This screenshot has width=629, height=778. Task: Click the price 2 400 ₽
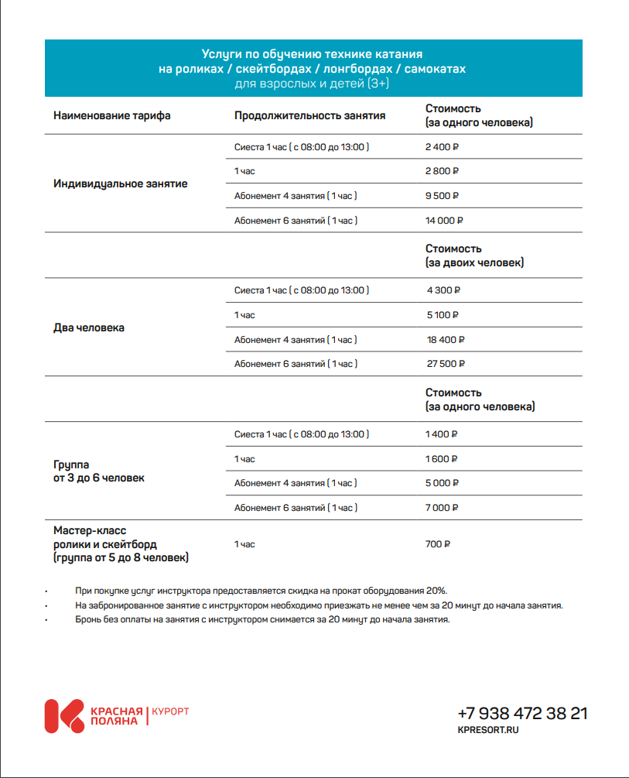[x=442, y=147]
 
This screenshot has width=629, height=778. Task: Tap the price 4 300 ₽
[x=443, y=290]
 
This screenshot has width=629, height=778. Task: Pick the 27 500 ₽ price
[x=445, y=364]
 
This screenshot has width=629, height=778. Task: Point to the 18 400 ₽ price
[x=445, y=340]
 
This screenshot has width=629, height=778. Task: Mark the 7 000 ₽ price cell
[x=443, y=508]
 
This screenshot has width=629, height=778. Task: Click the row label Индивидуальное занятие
[x=121, y=184]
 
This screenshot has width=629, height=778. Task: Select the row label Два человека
[x=89, y=327]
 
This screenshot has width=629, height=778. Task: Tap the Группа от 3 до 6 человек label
[x=99, y=471]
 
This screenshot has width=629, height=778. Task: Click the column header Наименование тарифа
[x=112, y=116]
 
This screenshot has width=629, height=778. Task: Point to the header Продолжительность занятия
[x=309, y=116]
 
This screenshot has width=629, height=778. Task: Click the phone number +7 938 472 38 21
[x=522, y=714]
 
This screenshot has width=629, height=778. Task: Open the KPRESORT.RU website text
[x=488, y=730]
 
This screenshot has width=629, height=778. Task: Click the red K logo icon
[x=64, y=716]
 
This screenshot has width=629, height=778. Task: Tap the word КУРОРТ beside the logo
[x=170, y=711]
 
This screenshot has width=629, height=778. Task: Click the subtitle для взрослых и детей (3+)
[x=312, y=83]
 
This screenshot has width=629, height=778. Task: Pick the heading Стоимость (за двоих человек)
[x=474, y=255]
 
